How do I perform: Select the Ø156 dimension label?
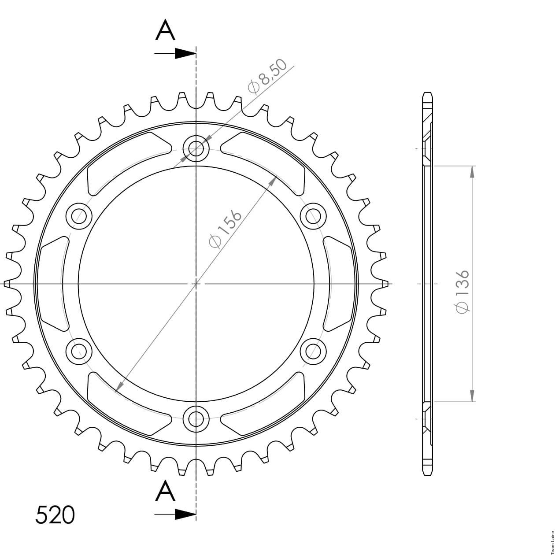[226, 229]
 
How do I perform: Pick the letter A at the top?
[165, 30]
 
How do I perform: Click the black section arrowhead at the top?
[185, 53]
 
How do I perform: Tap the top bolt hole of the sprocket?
[196, 148]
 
